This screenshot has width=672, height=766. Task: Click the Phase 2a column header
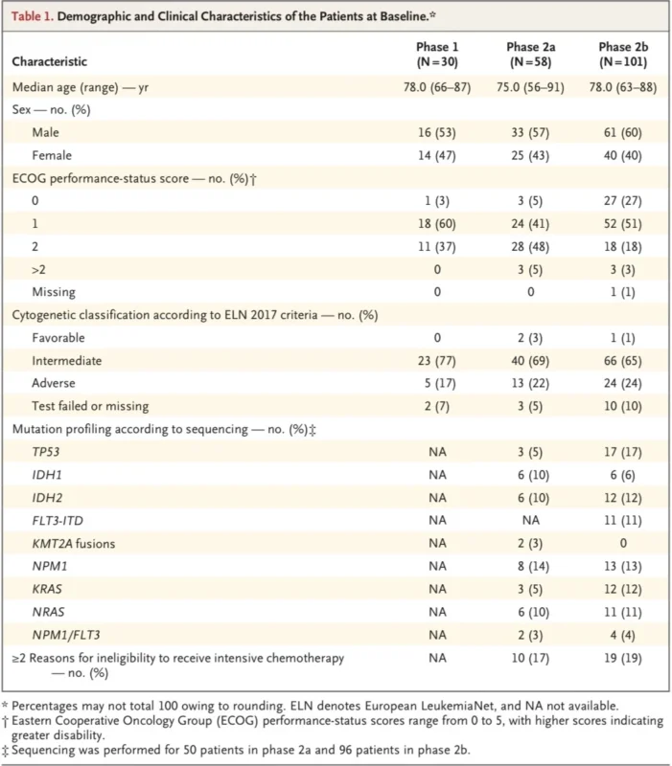pyautogui.click(x=531, y=55)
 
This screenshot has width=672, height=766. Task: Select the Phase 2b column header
pyautogui.click(x=623, y=55)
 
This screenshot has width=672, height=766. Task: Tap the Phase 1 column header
pyautogui.click(x=437, y=55)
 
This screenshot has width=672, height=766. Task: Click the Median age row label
pyautogui.click(x=81, y=87)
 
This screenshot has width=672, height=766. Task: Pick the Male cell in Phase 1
pyautogui.click(x=437, y=132)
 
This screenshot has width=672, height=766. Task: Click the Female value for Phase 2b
pyautogui.click(x=622, y=155)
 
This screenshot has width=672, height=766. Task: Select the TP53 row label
pyautogui.click(x=45, y=452)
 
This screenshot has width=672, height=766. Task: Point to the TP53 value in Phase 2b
pyautogui.click(x=622, y=452)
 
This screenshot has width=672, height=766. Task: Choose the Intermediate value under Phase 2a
pyautogui.click(x=530, y=361)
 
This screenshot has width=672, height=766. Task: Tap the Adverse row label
pyautogui.click(x=54, y=383)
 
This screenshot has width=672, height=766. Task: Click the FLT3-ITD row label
pyautogui.click(x=58, y=521)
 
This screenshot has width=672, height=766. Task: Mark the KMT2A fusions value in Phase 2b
pyautogui.click(x=623, y=543)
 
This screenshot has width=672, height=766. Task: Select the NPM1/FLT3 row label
pyautogui.click(x=66, y=635)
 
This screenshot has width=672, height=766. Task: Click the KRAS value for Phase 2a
pyautogui.click(x=530, y=589)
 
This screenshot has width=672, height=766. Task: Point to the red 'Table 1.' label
pyautogui.click(x=33, y=16)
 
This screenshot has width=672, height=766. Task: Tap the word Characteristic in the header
pyautogui.click(x=50, y=61)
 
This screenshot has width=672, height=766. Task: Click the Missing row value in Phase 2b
pyautogui.click(x=622, y=292)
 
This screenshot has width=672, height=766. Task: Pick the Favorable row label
pyautogui.click(x=58, y=338)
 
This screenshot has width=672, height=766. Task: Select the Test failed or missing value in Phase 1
pyautogui.click(x=437, y=406)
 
